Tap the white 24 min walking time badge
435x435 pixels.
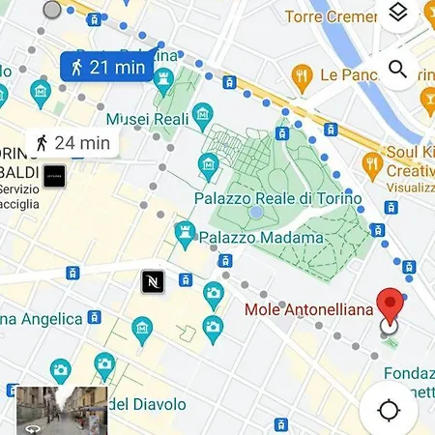pos(71,143)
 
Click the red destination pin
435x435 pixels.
pos(390,307)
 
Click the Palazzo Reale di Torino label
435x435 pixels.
pos(277,198)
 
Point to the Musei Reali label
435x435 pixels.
pos(144,118)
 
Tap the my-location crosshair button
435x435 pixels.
pos(389,409)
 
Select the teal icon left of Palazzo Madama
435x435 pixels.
pos(184,232)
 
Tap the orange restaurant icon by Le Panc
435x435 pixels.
pos(303,74)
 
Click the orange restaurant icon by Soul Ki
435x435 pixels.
pos(370,161)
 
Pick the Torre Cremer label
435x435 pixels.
pos(331,16)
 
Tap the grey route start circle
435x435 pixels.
pos(52,10)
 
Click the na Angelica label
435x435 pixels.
pos(41,318)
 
